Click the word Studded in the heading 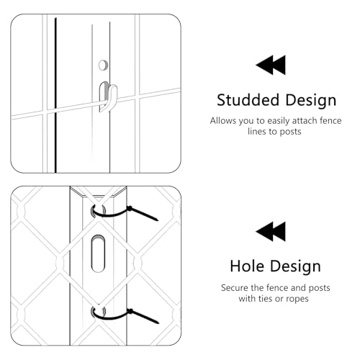(x=248, y=100)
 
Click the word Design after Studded (x=311, y=101)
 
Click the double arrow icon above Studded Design (x=271, y=65)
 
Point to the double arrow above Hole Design (x=271, y=231)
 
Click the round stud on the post (x=103, y=65)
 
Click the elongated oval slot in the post (x=98, y=253)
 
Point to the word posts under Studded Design (x=290, y=132)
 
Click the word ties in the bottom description (x=265, y=298)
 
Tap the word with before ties (x=248, y=298)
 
